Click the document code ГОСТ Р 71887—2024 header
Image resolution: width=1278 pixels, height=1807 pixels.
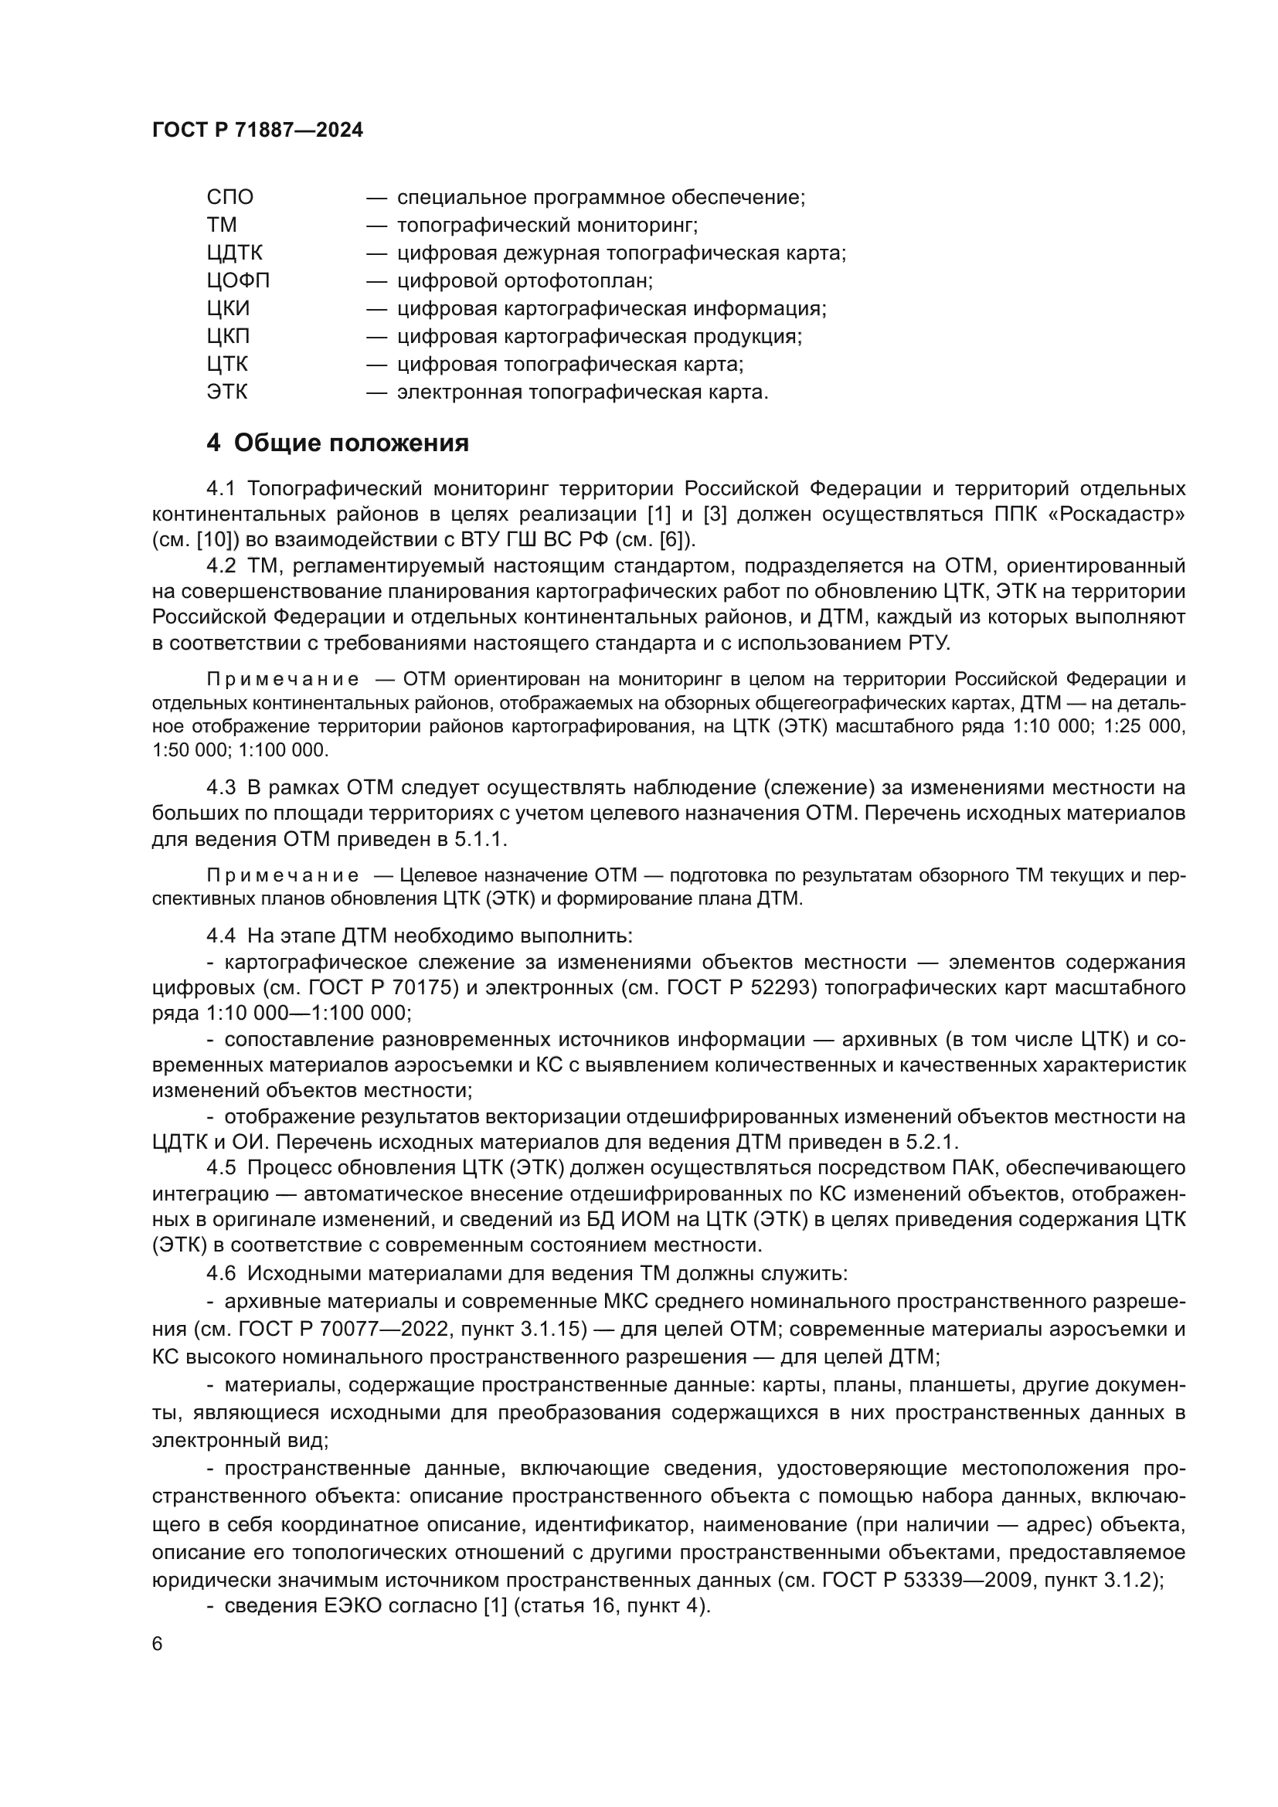[257, 131]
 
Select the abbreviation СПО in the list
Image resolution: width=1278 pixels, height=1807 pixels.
[229, 198]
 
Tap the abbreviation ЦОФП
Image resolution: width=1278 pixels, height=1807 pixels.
[238, 281]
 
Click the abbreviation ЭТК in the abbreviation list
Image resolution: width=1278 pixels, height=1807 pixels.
[226, 392]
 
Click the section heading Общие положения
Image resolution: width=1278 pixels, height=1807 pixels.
[351, 443]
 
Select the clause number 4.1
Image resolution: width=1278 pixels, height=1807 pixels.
[221, 489]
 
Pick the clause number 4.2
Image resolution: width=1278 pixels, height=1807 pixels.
[221, 566]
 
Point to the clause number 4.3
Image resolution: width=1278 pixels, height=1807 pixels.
[221, 788]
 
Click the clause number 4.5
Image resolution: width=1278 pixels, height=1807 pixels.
[221, 1168]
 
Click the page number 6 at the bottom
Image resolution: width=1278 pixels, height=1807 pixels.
[158, 1645]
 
